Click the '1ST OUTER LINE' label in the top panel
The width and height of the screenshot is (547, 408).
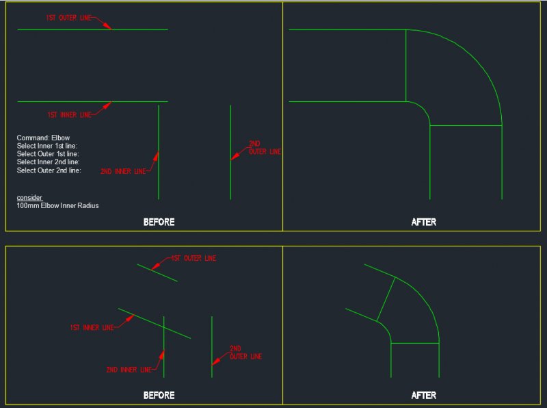68,18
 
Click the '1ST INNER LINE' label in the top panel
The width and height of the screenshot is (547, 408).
69,114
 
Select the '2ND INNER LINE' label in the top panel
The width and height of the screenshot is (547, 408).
123,171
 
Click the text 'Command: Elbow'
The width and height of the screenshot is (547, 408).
43,138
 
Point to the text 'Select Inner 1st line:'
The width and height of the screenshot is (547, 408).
47,146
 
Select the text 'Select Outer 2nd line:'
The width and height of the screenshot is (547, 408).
49,170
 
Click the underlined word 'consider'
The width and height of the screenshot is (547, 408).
29,197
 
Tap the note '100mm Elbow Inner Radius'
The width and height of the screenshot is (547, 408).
57,205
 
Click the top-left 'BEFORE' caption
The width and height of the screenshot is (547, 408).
159,222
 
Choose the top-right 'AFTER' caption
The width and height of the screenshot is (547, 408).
424,222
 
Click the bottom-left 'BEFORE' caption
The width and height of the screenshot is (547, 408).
159,395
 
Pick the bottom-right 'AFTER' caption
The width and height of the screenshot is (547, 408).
424,395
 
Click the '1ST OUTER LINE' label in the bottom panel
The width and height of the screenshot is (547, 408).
193,259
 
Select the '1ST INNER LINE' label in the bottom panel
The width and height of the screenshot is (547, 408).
92,328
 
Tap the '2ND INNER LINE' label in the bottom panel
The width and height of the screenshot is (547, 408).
129,370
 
